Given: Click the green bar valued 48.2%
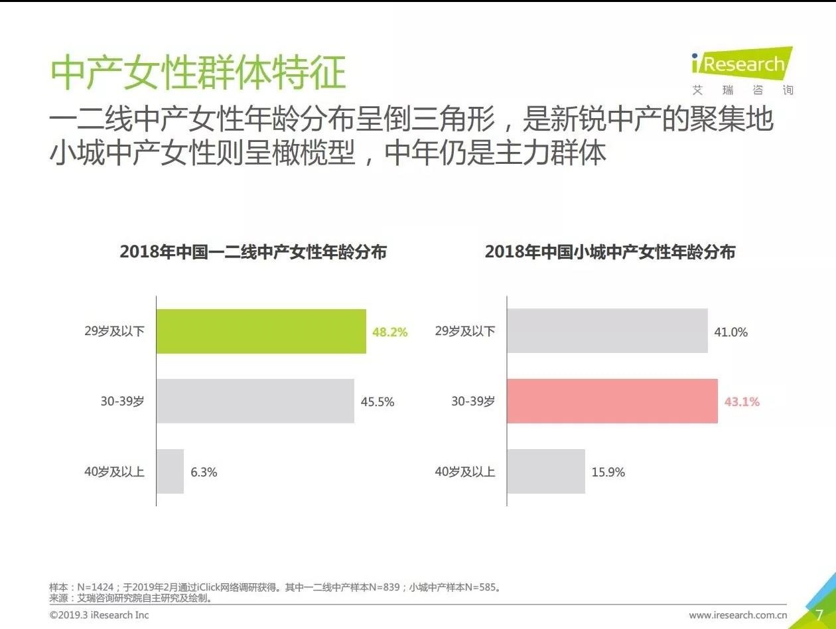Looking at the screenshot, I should tap(261, 331).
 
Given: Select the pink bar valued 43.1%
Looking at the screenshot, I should tap(612, 401).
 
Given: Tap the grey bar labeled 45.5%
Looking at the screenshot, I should tap(255, 401).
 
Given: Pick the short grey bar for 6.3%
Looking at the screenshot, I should tap(170, 472).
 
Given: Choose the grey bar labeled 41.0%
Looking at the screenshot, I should tap(607, 331).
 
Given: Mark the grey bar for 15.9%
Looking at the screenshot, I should tap(545, 472).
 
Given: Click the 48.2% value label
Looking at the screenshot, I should tap(389, 332).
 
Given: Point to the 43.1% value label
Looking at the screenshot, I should tap(742, 401).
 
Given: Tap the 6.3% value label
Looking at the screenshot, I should tap(204, 472).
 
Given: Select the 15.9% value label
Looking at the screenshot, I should tap(608, 472).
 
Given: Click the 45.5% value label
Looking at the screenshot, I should tap(378, 401).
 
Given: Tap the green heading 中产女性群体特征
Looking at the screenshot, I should tap(198, 72).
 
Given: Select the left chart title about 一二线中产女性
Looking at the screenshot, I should tap(253, 252).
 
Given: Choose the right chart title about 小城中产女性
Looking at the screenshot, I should tap(610, 252).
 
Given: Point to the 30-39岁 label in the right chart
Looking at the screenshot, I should tap(472, 401).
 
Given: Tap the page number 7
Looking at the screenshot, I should tap(819, 614).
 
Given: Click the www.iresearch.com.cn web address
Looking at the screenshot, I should tap(738, 615).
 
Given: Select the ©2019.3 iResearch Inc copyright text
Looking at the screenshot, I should tap(100, 615).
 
